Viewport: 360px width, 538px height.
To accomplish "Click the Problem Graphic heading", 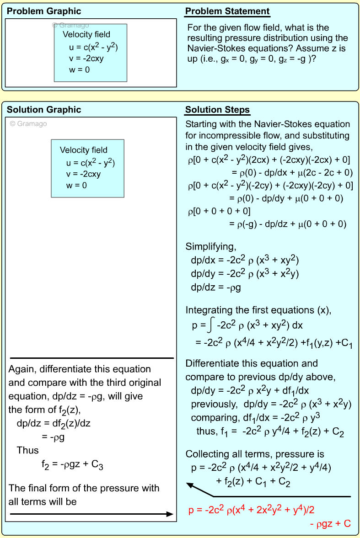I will [x=44, y=11].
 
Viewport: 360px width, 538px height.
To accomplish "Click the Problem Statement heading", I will [x=227, y=11].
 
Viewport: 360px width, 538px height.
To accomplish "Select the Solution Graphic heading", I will [x=44, y=110].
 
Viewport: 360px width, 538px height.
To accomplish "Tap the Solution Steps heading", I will [x=217, y=110].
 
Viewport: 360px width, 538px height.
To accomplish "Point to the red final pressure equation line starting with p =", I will [x=251, y=510].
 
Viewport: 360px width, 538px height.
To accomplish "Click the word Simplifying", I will [x=210, y=247].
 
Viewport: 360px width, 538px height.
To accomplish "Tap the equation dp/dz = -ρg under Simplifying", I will [x=216, y=288].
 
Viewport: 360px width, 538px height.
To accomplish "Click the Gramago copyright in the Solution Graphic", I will [x=28, y=123].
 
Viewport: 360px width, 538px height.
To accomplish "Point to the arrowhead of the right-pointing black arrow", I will [x=170, y=514].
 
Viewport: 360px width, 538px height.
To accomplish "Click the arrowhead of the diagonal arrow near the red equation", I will [x=188, y=484].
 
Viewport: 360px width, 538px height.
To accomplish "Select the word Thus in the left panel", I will [x=28, y=450].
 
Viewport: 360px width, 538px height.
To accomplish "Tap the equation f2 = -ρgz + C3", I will [x=72, y=465].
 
